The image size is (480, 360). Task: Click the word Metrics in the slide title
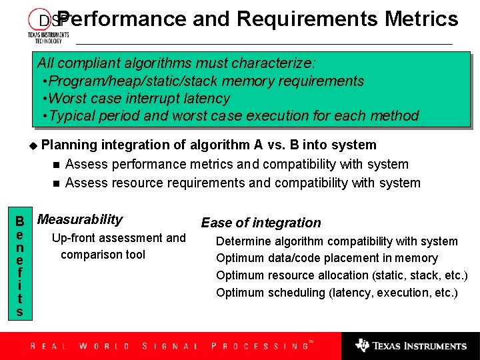point(421,19)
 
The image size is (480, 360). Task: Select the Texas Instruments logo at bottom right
point(411,346)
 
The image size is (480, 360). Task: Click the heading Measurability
point(80,219)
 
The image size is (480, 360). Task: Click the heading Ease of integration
point(261,223)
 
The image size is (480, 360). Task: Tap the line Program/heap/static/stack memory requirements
point(203,81)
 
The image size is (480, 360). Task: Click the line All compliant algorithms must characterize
point(177,63)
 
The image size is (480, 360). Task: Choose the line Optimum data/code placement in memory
point(327,258)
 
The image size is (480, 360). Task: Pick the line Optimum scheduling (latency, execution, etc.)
point(337,293)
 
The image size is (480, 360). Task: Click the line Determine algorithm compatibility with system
point(337,241)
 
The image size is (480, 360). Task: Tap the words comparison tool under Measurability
point(103,255)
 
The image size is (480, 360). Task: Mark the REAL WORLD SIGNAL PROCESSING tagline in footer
point(170,346)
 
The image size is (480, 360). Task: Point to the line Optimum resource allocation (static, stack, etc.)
point(341,275)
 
